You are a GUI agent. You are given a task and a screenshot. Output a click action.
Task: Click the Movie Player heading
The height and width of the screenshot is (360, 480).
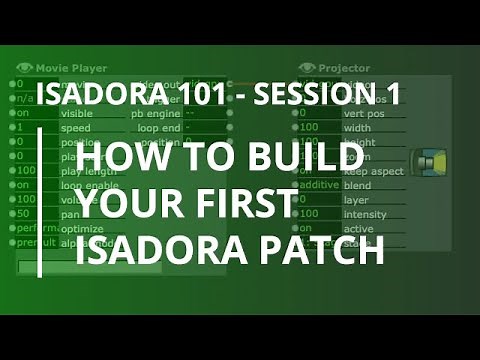tap(75, 68)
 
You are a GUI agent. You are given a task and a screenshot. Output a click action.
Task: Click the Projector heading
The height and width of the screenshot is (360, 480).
tap(344, 68)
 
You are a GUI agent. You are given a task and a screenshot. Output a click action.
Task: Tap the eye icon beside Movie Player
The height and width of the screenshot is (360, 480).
tap(25, 68)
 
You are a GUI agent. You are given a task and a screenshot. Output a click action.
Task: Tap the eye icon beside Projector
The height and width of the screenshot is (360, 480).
tap(307, 68)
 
